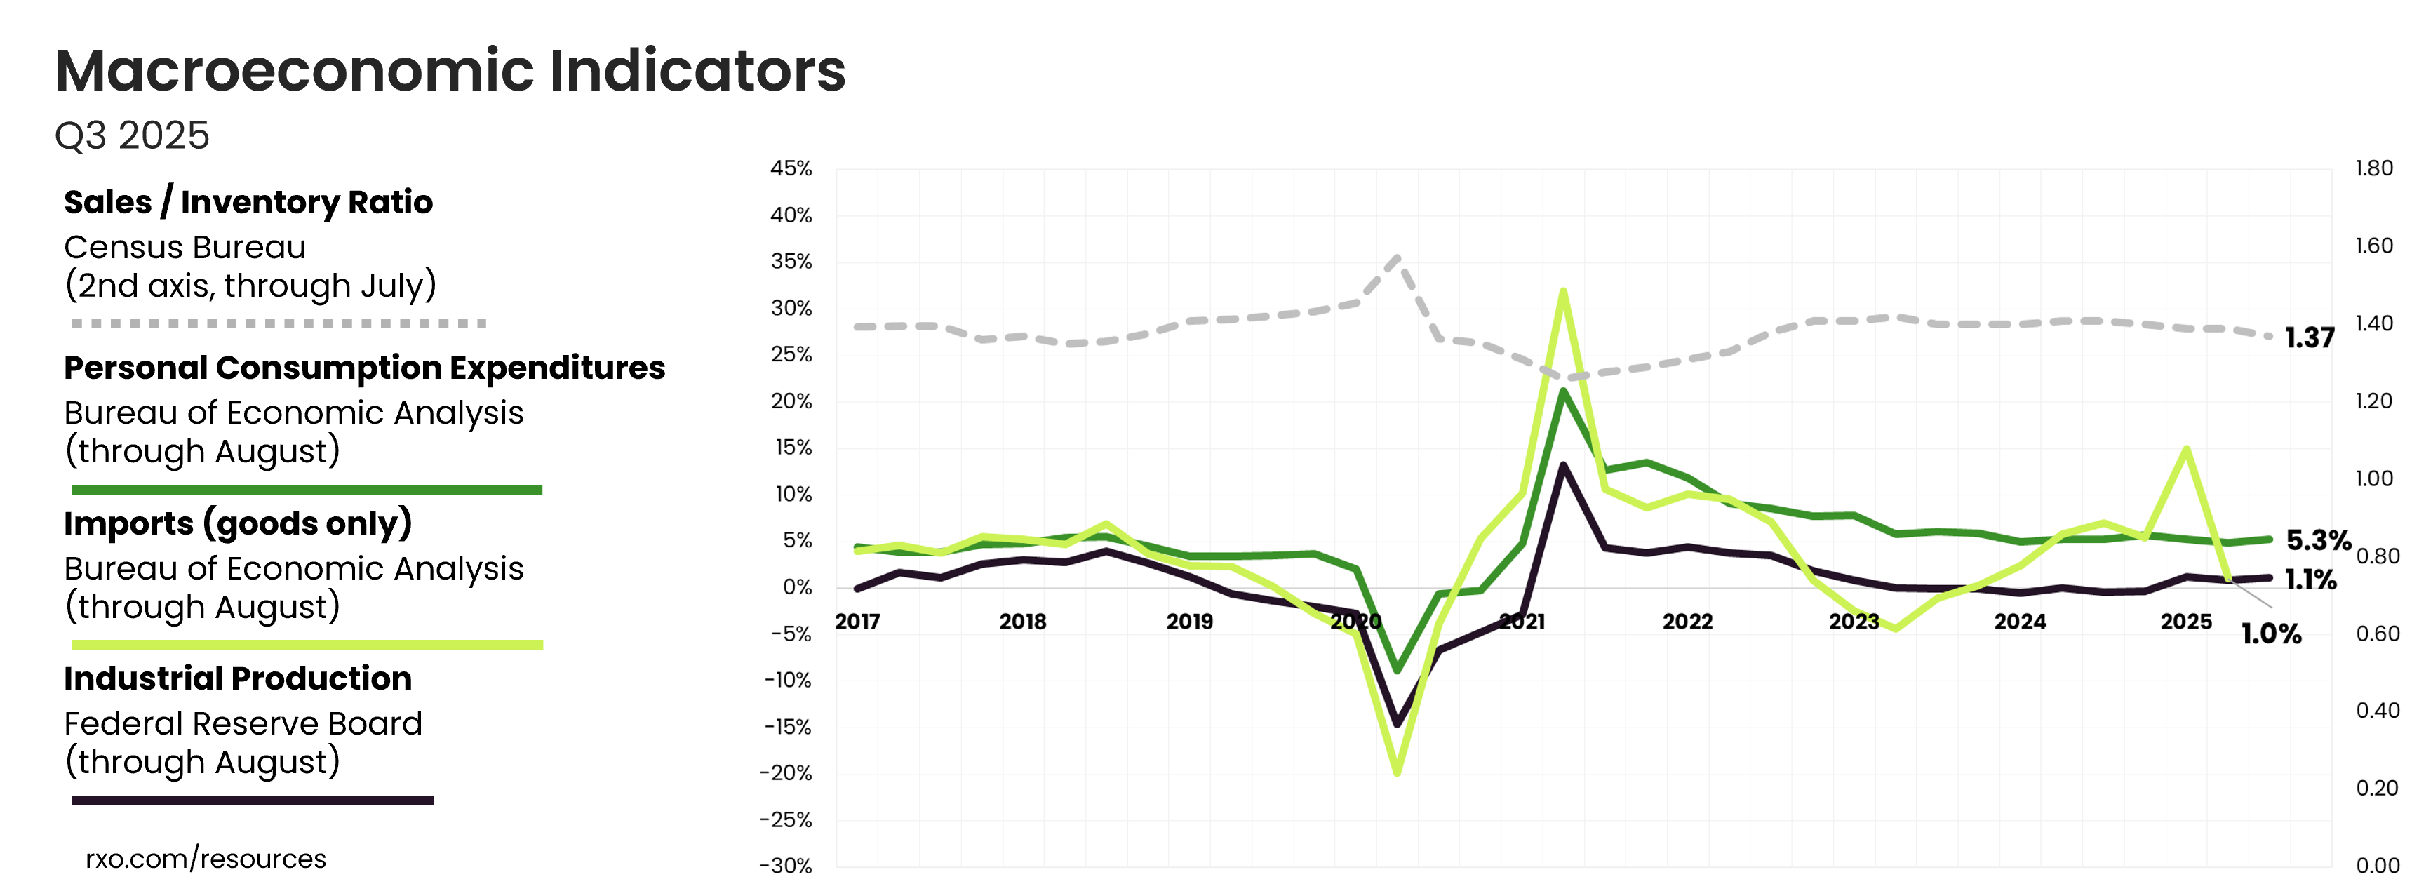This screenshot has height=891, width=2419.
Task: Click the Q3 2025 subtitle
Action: pos(133,136)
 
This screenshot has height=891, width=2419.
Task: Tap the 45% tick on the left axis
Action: pos(791,169)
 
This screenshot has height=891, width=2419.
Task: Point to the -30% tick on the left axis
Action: pos(786,866)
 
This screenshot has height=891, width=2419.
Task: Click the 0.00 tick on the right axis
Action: pos(2378,866)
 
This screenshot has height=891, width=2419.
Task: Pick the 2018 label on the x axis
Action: pos(1023,622)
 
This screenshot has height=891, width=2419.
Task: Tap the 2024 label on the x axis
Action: pos(2020,622)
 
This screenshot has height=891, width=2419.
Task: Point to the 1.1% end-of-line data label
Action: pos(2311,580)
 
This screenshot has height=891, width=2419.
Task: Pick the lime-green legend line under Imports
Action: pos(308,645)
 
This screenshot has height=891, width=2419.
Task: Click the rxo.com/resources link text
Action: pos(206,859)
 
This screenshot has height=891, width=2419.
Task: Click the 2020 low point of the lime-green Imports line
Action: pos(1398,772)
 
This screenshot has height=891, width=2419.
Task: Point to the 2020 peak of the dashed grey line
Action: pos(1398,257)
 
